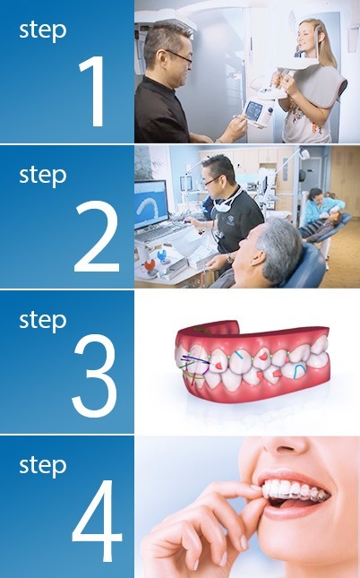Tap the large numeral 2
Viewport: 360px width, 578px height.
pyautogui.click(x=96, y=237)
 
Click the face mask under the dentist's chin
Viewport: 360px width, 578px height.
pyautogui.click(x=230, y=209)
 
